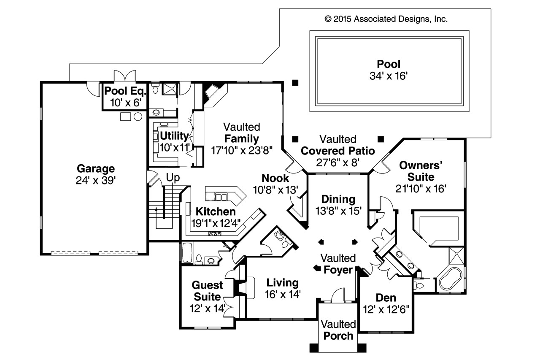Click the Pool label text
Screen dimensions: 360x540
pos(389,65)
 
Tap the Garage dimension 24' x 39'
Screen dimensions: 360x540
pos(95,180)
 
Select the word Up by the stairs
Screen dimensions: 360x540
pos(173,178)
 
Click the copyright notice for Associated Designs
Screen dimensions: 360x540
pos(386,19)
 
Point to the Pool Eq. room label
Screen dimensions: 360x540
pos(125,91)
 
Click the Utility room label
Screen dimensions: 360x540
pos(174,136)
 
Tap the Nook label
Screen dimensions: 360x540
pos(275,178)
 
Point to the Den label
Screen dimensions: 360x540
pos(386,298)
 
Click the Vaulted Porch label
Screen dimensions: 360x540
pos(338,330)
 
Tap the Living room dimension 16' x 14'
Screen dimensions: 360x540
pos(283,294)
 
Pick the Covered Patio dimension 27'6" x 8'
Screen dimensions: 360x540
pos(337,163)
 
